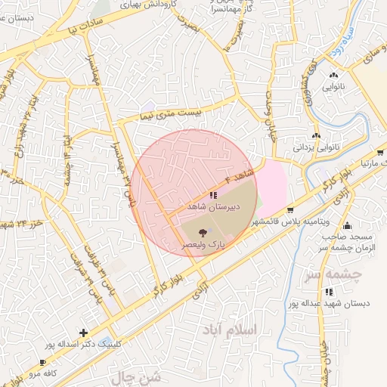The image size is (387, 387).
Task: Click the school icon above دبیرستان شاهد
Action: tap(201, 195)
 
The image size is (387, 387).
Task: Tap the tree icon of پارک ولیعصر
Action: tap(202, 234)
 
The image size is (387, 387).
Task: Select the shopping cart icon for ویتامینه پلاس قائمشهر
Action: tap(289, 210)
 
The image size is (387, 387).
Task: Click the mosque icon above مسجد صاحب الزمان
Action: tap(347, 224)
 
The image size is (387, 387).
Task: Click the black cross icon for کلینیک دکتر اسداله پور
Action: tap(83, 333)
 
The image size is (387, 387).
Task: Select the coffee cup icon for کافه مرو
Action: tap(42, 363)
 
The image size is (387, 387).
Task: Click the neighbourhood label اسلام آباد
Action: tap(229, 330)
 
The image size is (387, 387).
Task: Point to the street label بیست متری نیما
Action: tap(170, 114)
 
